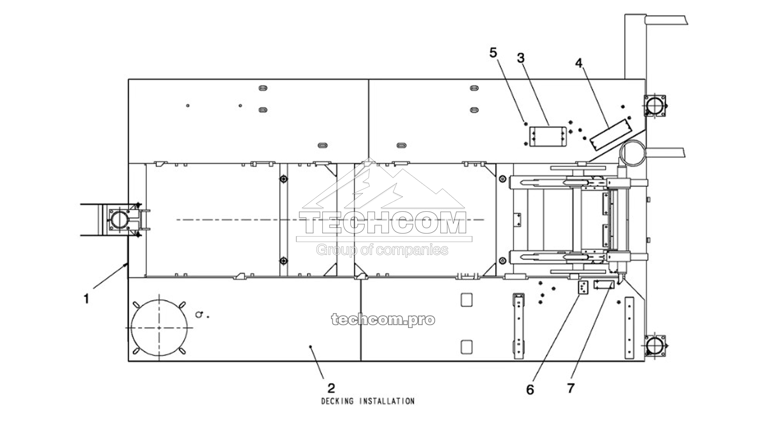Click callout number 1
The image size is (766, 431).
(86, 299)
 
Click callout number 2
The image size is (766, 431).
(331, 387)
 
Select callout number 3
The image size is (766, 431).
(521, 58)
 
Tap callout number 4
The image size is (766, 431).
(579, 63)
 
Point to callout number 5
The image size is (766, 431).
(494, 52)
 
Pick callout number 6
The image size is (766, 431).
(530, 390)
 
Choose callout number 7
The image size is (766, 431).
(570, 388)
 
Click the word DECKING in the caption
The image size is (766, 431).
(337, 401)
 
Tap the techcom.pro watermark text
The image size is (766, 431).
(383, 319)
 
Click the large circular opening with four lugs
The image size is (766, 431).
(159, 328)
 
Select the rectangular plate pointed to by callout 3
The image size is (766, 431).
(548, 136)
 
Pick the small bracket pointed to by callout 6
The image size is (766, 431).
(583, 288)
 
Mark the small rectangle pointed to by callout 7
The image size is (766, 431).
(603, 285)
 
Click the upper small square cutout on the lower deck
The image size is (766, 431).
(466, 300)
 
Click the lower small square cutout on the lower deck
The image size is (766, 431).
(466, 346)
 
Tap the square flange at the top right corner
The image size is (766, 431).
(654, 105)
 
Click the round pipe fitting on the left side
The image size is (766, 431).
(118, 220)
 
